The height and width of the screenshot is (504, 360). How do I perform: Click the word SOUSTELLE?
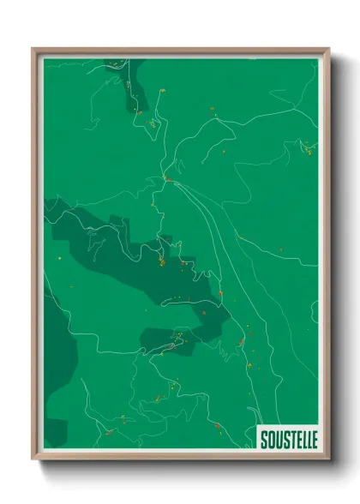pos(288,437)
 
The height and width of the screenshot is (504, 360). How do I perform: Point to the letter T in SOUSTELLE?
pos(291,437)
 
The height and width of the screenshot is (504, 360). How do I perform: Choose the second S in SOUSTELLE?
pos(285,437)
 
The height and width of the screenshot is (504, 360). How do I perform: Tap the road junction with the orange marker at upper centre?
pos(168,179)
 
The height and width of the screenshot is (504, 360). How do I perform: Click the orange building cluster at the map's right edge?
pos(309,147)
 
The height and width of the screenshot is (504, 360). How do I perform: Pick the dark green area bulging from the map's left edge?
pos(57,343)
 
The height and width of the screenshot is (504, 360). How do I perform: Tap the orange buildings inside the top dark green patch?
pos(137,111)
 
